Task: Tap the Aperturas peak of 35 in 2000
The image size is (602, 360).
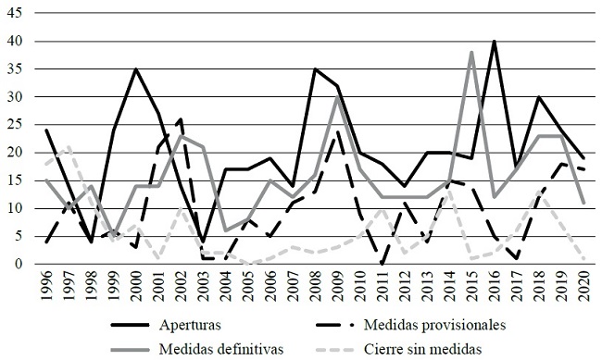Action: coord(136,69)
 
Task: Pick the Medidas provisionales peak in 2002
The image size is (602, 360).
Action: coord(181,119)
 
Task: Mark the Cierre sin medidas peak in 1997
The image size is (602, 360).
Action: coord(69,147)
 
